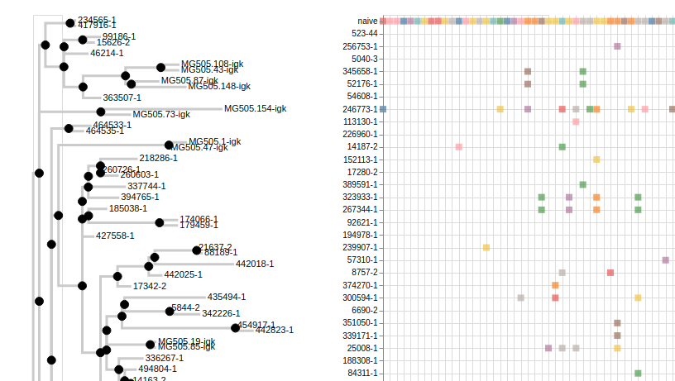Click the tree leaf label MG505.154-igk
255,108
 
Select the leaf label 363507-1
122,98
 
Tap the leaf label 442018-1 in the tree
255,264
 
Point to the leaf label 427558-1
115,236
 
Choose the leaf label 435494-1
227,297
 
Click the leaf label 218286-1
159,158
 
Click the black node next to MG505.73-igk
101,112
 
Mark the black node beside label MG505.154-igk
101,112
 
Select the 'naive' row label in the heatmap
367,21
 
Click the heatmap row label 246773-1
360,109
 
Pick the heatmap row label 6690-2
364,310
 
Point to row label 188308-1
360,360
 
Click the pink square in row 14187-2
458,147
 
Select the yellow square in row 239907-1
486,247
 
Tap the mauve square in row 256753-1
617,46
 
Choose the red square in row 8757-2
610,273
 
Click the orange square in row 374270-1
555,285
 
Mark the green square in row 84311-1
638,374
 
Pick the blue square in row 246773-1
383,109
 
